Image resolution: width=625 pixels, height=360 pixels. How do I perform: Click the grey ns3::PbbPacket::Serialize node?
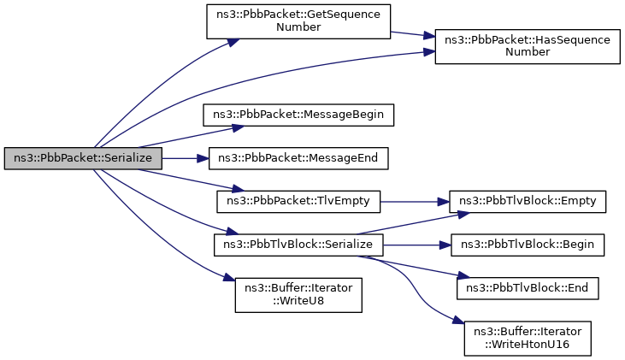pyautogui.click(x=83, y=158)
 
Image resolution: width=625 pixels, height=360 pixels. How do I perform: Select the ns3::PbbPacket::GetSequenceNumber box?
pyautogui.click(x=298, y=21)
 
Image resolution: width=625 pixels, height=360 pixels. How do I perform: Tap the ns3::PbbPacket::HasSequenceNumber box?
pyautogui.click(x=528, y=46)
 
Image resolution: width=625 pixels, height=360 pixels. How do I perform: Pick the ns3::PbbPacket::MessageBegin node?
pyautogui.click(x=298, y=115)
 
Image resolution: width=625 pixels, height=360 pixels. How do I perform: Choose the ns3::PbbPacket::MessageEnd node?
pyautogui.click(x=298, y=158)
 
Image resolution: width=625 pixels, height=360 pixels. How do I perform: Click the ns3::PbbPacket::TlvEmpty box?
pyautogui.click(x=298, y=201)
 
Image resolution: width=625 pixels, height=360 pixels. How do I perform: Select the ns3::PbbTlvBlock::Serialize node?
pyautogui.click(x=298, y=245)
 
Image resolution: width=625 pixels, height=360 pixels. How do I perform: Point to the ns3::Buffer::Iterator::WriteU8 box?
pyautogui.click(x=298, y=295)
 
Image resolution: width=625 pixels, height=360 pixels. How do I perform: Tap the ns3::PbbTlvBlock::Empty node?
pyautogui.click(x=528, y=201)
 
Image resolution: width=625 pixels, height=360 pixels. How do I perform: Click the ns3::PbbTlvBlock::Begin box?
pyautogui.click(x=528, y=245)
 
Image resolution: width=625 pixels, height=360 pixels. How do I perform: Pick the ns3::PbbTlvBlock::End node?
pyautogui.click(x=528, y=288)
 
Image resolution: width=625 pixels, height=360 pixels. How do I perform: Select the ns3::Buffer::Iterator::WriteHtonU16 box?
pyautogui.click(x=528, y=339)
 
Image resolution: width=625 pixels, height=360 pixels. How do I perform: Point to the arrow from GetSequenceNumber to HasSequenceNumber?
pyautogui.click(x=413, y=34)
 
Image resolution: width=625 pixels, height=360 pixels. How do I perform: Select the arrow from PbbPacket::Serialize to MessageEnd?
pyautogui.click(x=186, y=158)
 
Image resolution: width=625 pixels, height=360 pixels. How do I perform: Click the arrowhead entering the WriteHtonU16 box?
pyautogui.click(x=459, y=320)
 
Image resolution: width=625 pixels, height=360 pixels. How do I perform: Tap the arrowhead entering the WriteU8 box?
pyautogui.click(x=230, y=277)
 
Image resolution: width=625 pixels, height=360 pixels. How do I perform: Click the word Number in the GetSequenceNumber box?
pyautogui.click(x=298, y=27)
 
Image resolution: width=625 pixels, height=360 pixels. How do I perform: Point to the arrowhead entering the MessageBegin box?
pyautogui.click(x=238, y=128)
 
